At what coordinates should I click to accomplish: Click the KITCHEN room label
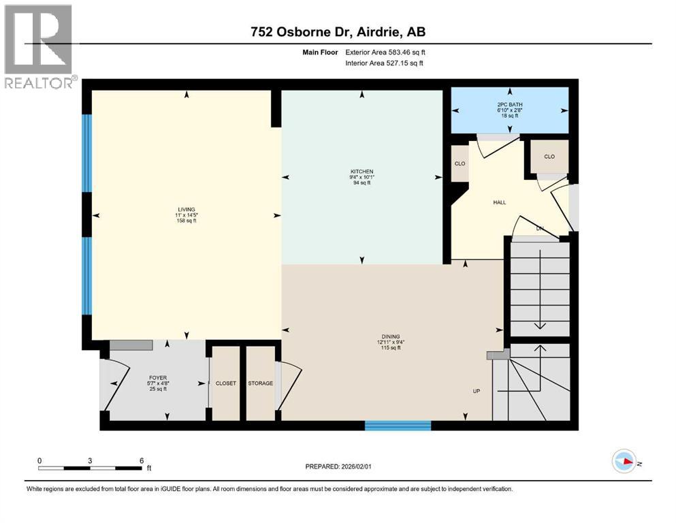coord(361,172)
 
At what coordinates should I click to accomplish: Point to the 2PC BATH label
coord(510,104)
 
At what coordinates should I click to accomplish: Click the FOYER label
coord(158,378)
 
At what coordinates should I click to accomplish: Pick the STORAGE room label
coord(260,383)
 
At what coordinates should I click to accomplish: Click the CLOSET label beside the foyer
coord(225,383)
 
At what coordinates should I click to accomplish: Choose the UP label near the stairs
coord(477,392)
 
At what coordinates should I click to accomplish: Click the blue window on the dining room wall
coord(398,426)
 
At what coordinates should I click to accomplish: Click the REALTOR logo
coord(38,46)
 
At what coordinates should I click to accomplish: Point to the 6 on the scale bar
coord(140,460)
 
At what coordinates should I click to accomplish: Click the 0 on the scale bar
coord(39,460)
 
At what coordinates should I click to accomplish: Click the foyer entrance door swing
coord(116,384)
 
